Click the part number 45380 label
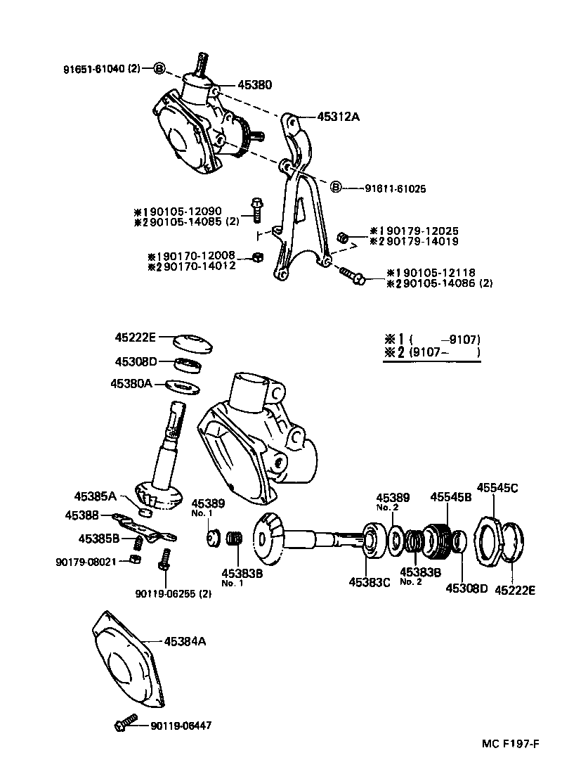[255, 84]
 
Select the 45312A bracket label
[338, 117]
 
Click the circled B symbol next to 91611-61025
[336, 187]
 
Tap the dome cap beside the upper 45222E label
[193, 345]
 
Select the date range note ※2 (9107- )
[431, 353]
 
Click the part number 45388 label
[82, 515]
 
